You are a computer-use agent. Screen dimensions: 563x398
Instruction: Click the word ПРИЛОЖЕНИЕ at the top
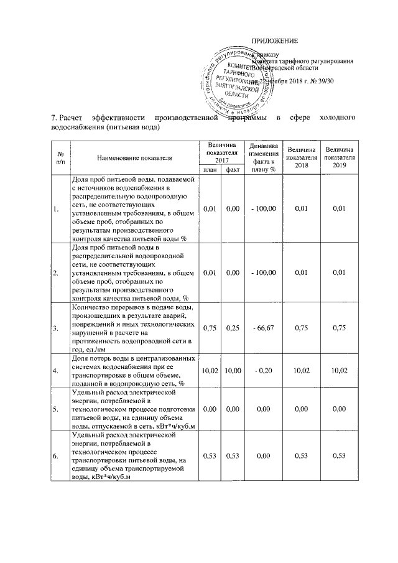click(274, 40)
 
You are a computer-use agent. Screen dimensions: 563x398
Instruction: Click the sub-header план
click(209, 169)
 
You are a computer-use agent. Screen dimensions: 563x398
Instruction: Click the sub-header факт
click(233, 169)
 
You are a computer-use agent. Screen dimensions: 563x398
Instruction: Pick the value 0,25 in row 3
click(233, 328)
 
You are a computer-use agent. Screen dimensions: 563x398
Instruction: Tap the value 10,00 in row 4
click(233, 371)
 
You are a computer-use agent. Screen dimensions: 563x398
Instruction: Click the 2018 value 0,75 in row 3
click(301, 328)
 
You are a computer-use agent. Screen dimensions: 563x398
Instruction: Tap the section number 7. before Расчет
click(53, 118)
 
